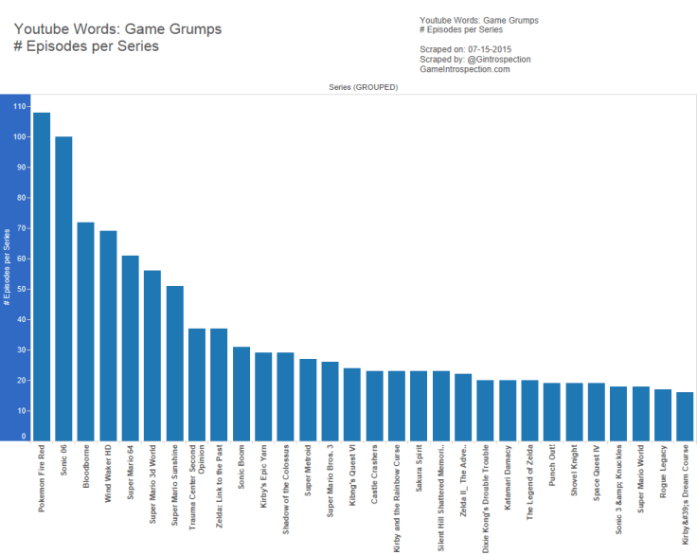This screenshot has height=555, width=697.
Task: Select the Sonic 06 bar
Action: pyautogui.click(x=63, y=289)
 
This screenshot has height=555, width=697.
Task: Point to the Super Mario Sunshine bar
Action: pyautogui.click(x=175, y=363)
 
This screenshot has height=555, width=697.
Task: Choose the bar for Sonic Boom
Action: pyautogui.click(x=241, y=393)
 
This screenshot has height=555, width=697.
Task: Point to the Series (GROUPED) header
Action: pyautogui.click(x=363, y=87)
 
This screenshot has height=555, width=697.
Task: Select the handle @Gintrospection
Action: pyautogui.click(x=496, y=59)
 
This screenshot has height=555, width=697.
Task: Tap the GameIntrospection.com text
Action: pyautogui.click(x=464, y=69)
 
